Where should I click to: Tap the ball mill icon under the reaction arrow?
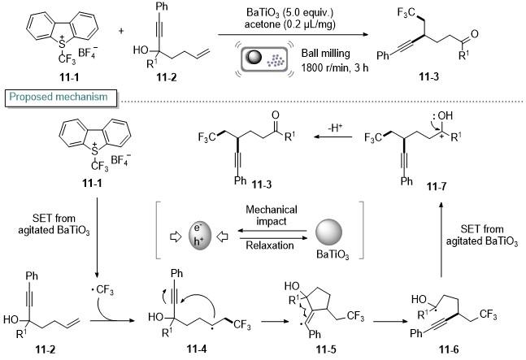click(264, 59)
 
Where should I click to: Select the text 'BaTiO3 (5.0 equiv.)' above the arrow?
click(290, 13)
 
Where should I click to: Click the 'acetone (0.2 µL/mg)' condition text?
click(290, 24)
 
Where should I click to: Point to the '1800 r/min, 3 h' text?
click(335, 67)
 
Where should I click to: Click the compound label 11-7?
click(437, 186)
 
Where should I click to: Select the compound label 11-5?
click(326, 349)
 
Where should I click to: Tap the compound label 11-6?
click(449, 349)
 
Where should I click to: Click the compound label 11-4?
click(197, 349)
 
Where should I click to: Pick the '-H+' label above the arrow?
click(335, 128)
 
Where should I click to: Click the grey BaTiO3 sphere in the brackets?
click(328, 232)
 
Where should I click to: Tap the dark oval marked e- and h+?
click(199, 236)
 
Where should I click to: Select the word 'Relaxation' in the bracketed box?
click(270, 245)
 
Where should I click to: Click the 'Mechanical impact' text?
click(272, 215)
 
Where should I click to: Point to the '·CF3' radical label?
click(102, 290)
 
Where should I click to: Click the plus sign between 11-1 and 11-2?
click(121, 31)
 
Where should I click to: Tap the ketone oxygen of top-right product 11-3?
click(474, 34)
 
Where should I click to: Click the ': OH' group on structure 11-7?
click(442, 116)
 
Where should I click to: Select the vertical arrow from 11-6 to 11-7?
click(441, 240)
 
